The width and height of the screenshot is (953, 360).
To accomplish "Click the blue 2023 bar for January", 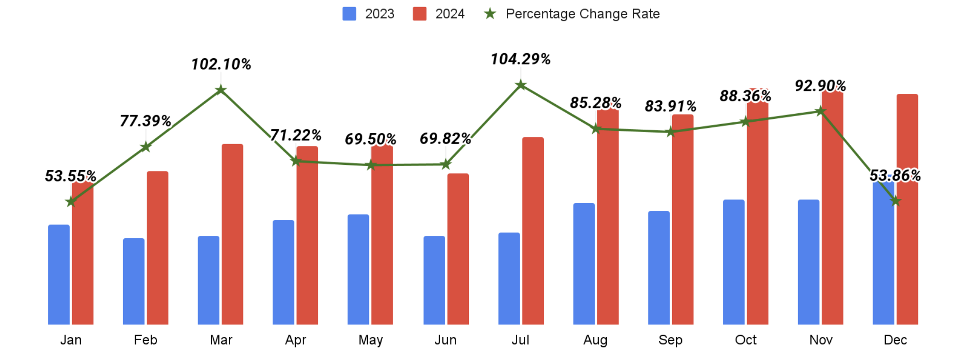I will (59, 275).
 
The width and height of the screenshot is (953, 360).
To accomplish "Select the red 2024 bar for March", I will (232, 234).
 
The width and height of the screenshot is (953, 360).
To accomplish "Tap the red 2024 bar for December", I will (907, 208).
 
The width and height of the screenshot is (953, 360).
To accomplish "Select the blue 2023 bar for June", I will (434, 280).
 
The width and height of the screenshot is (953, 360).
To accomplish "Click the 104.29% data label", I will (521, 59).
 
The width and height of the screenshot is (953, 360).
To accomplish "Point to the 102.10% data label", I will (221, 64).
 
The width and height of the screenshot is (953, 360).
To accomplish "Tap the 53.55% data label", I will (71, 176).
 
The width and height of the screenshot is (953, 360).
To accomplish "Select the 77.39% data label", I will (145, 121).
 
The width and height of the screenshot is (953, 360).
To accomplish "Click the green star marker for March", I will (220, 90).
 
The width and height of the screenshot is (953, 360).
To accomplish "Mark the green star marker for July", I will (521, 85).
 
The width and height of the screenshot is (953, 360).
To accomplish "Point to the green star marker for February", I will (145, 147).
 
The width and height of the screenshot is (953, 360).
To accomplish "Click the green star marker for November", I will (820, 111).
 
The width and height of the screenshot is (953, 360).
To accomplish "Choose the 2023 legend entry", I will (369, 14).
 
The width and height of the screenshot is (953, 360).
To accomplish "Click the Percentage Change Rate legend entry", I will (572, 14).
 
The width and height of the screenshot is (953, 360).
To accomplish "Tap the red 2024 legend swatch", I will (420, 14).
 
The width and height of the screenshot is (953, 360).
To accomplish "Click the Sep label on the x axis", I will (670, 340).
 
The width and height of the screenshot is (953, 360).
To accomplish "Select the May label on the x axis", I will (370, 340).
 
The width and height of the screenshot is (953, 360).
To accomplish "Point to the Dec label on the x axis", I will (895, 340).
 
